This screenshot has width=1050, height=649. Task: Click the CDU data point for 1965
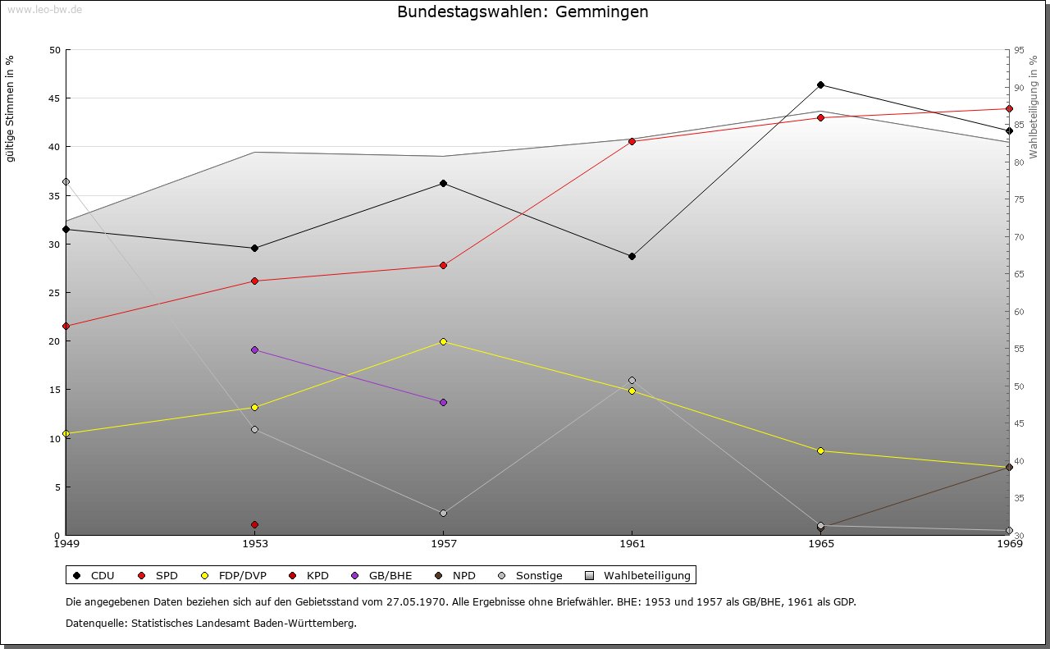[x=820, y=85]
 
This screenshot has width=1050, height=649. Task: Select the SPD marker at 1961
[x=632, y=141]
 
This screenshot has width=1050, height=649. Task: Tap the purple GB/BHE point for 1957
[x=444, y=402]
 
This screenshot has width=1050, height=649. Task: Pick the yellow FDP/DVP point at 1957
[x=444, y=342]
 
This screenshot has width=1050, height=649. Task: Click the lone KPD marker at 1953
[x=254, y=525]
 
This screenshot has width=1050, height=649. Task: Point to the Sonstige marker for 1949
[x=66, y=181]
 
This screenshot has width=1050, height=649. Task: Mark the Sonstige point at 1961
[x=632, y=381]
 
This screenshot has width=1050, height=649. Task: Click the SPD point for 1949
[x=66, y=326]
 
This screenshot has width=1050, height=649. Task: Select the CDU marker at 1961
[x=632, y=257]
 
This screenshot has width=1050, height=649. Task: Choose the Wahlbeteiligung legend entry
[x=638, y=575]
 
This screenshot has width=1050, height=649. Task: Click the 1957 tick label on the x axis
[x=444, y=543]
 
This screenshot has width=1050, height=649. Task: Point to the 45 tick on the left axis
[x=55, y=98]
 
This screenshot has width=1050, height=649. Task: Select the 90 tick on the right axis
[x=1019, y=88]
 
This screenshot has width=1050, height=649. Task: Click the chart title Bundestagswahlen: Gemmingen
[x=523, y=11]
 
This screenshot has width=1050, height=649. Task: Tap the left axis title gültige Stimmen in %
[x=10, y=109]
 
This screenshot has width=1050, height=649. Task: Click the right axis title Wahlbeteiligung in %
[x=1033, y=107]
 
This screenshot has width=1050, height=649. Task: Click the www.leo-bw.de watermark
[x=44, y=9]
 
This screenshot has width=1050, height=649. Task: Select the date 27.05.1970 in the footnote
[x=416, y=601]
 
